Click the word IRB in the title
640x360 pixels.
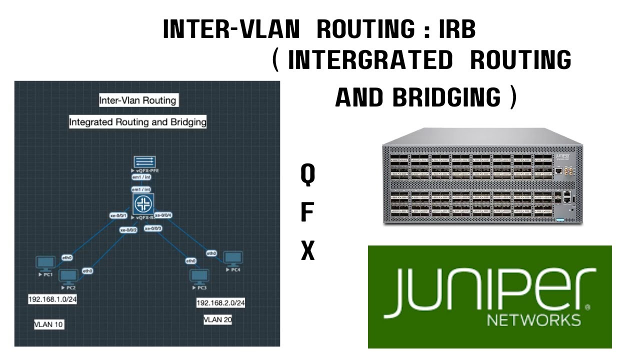pos(457,30)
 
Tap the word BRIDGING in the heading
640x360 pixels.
pos(446,97)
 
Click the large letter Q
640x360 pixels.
pos(307,175)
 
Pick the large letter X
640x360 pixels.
pos(307,251)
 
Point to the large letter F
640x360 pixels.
pos(307,213)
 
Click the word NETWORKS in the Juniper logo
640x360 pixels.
pos(533,320)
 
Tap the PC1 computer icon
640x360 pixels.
pos(46,263)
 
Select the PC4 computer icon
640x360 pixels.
pos(233,258)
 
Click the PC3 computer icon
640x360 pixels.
pos(199,276)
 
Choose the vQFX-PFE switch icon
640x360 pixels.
pos(144,162)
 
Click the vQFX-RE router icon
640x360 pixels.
pos(143,204)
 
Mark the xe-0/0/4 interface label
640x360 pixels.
pos(163,215)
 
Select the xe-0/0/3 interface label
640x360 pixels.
pos(153,228)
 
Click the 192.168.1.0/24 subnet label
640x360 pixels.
pos(52,299)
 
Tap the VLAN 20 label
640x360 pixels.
pos(217,320)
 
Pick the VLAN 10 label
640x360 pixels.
pos(49,324)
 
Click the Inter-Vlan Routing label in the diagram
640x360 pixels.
pos(137,100)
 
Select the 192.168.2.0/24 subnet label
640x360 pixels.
pos(220,303)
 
